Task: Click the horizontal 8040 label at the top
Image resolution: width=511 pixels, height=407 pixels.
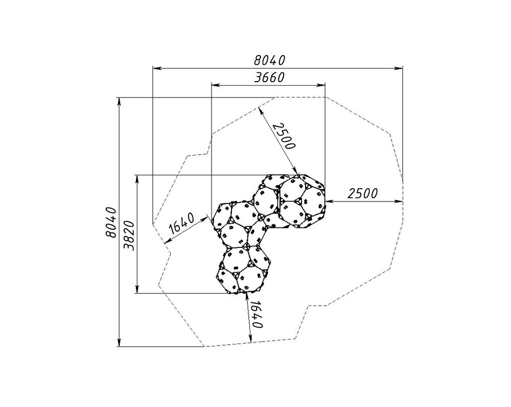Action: tap(269, 60)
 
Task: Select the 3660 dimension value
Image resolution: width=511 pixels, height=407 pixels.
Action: tap(269, 78)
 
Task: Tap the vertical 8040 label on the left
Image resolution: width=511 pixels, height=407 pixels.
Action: tap(111, 222)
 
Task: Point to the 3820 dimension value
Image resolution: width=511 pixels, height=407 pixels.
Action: tap(129, 235)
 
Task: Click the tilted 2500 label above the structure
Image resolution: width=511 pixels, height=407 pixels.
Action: tap(284, 136)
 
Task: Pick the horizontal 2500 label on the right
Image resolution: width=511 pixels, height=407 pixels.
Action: tap(363, 194)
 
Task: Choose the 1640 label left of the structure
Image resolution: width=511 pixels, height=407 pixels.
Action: tap(182, 223)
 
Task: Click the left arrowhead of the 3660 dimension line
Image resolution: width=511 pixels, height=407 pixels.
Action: tap(215, 85)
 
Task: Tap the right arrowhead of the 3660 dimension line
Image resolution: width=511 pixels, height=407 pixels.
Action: tap(321, 85)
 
